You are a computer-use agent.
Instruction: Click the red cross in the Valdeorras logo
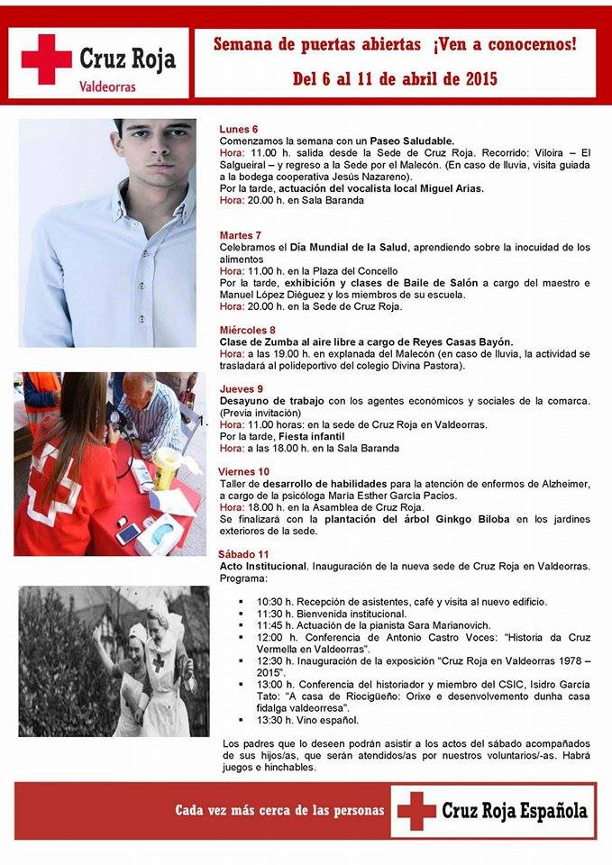point(46,59)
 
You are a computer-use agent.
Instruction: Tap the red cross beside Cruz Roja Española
point(416,810)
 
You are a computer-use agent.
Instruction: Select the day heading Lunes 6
point(239,129)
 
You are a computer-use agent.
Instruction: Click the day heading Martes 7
point(241,235)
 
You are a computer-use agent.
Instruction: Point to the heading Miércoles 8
point(248,330)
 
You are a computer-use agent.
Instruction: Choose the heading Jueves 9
point(242,388)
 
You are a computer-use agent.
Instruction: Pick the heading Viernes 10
point(244,471)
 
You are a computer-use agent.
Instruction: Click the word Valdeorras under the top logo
point(107,88)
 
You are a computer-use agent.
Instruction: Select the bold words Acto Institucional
point(264,566)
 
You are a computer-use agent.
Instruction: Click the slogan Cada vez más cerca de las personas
point(279,811)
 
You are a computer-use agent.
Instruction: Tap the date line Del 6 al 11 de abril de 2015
point(395,79)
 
